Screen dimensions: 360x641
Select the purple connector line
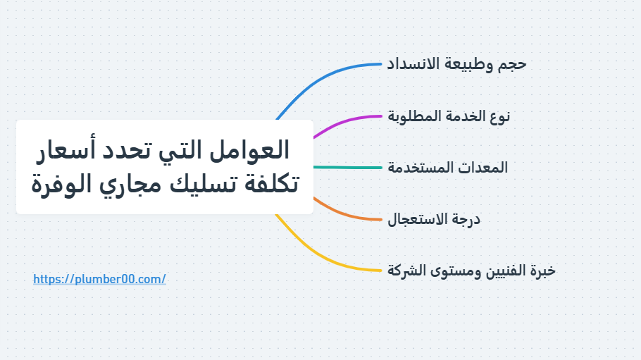345,119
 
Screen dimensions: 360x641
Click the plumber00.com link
99,279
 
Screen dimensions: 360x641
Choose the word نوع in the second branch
497,116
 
